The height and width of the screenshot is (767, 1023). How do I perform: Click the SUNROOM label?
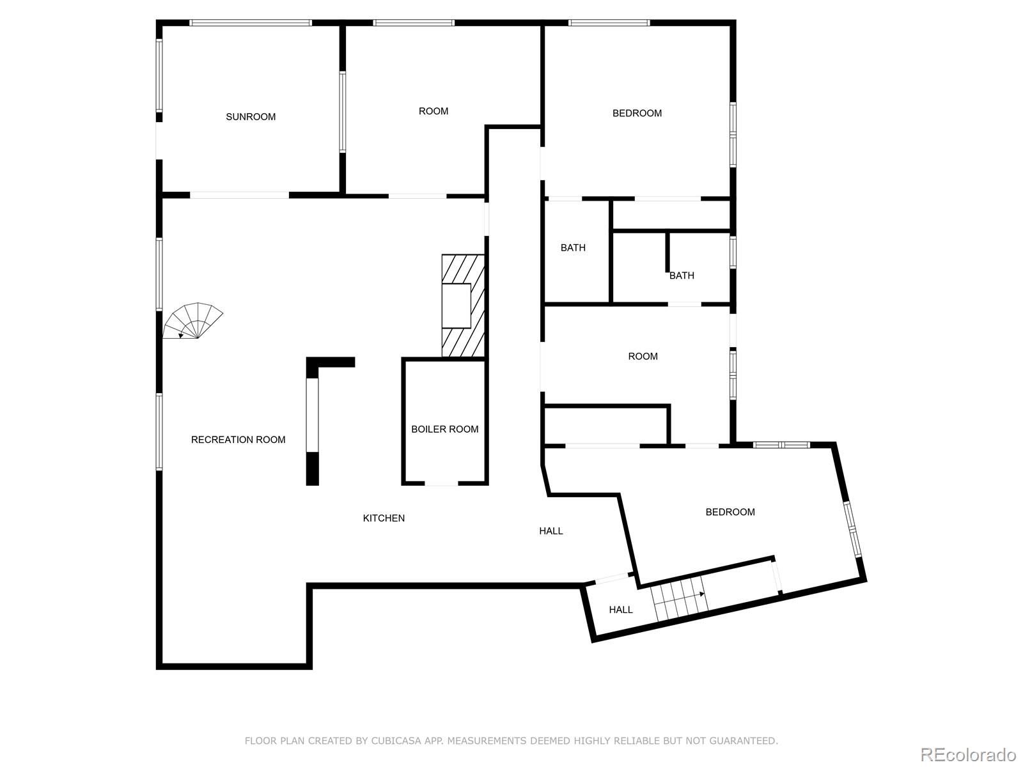(x=251, y=117)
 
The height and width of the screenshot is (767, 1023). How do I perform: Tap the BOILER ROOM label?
(x=444, y=430)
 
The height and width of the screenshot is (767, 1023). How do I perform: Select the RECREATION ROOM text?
(x=238, y=440)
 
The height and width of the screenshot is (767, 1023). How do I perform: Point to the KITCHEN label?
(x=384, y=518)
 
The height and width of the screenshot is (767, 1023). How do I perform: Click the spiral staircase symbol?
(x=192, y=322)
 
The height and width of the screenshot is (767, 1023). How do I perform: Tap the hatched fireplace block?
(x=463, y=306)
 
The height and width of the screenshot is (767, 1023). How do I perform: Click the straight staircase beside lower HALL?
(x=679, y=598)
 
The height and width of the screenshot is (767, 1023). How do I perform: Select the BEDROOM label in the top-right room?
(x=637, y=113)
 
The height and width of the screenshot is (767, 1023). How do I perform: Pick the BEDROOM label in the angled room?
(x=730, y=512)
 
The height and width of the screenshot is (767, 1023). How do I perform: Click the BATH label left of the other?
(x=573, y=248)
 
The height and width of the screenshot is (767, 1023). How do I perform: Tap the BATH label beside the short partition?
(x=682, y=275)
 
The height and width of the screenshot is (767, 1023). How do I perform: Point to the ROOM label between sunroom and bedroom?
(x=433, y=111)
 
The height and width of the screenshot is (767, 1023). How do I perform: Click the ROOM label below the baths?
(x=643, y=357)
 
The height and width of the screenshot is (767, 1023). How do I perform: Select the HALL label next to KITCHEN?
(x=551, y=531)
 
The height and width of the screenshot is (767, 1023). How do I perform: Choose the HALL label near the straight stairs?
(x=620, y=610)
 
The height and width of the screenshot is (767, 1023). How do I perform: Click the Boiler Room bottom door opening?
(x=441, y=483)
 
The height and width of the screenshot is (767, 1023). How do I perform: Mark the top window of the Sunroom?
(x=251, y=23)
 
